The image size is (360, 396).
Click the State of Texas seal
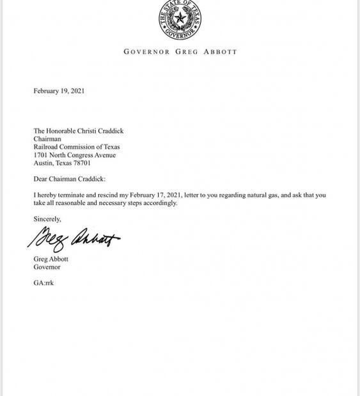pyautogui.click(x=180, y=20)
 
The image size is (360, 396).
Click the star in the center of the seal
pyautogui.click(x=180, y=19)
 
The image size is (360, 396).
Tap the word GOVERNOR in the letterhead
pyautogui.click(x=147, y=52)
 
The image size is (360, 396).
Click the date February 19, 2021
pyautogui.click(x=59, y=91)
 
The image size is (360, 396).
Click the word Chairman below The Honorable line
pyautogui.click(x=47, y=139)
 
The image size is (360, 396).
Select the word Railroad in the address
pyautogui.click(x=47, y=147)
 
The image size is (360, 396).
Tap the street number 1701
pyautogui.click(x=41, y=155)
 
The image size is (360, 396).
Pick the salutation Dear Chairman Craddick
pyautogui.click(x=70, y=179)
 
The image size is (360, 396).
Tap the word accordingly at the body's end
pyautogui.click(x=160, y=203)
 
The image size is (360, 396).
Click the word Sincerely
pyautogui.click(x=47, y=219)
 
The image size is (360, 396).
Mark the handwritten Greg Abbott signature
pyautogui.click(x=74, y=240)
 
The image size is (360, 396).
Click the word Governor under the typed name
pyautogui.click(x=47, y=267)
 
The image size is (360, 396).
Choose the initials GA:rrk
pyautogui.click(x=43, y=282)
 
